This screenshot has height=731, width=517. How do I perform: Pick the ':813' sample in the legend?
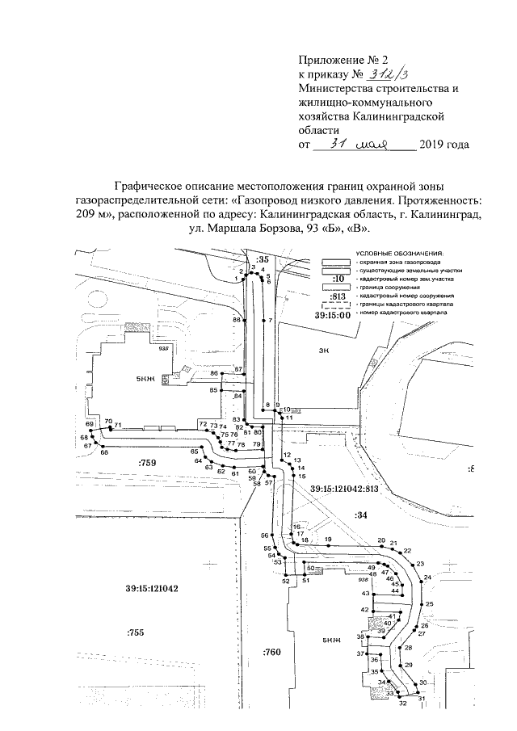(x=338, y=296)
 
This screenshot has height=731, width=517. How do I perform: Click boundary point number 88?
(x=237, y=321)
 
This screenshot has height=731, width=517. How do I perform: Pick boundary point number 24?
(x=427, y=578)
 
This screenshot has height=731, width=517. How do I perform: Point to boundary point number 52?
(x=285, y=581)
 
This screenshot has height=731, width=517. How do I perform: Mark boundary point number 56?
(x=263, y=536)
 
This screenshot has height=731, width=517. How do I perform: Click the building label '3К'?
(x=326, y=351)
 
